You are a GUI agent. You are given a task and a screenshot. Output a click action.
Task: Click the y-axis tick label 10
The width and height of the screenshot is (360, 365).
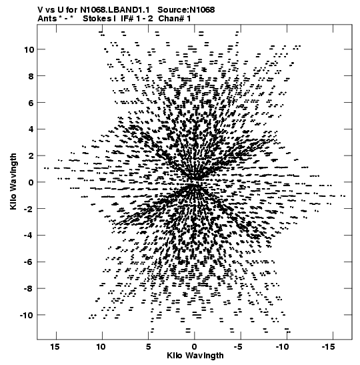(x=29, y=49)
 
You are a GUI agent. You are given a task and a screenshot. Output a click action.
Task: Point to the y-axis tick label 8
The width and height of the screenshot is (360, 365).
(x=31, y=76)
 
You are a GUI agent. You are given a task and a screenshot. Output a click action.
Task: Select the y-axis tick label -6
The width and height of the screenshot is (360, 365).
(x=29, y=262)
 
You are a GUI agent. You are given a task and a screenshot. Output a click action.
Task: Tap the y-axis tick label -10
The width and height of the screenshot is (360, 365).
(x=27, y=315)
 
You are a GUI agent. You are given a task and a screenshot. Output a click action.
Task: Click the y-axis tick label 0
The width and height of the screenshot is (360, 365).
(x=31, y=182)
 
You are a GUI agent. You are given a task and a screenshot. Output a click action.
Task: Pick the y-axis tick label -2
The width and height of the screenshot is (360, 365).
(x=29, y=209)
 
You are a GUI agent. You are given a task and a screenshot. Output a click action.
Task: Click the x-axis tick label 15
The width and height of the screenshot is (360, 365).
(x=55, y=347)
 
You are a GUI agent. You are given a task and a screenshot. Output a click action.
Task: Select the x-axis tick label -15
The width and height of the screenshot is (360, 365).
(x=328, y=347)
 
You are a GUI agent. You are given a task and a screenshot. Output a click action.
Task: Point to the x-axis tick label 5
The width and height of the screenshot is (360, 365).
(x=148, y=347)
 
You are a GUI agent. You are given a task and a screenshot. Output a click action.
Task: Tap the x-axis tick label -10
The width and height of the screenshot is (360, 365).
(x=282, y=347)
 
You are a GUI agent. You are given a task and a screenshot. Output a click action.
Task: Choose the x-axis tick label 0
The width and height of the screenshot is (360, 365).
(x=194, y=347)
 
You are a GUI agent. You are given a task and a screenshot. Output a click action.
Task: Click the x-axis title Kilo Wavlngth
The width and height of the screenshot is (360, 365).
(x=195, y=356)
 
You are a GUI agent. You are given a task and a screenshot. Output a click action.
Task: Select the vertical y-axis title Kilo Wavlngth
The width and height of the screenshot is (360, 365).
(x=13, y=181)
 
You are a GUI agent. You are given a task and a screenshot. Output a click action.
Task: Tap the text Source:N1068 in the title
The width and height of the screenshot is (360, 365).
(x=186, y=10)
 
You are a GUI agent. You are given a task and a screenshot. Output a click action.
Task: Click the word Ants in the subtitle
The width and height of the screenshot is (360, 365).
(x=47, y=19)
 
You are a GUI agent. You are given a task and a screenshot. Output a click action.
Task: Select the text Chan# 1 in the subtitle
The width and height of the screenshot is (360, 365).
(x=175, y=19)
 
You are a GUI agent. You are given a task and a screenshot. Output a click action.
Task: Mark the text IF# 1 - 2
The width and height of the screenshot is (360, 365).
(x=137, y=19)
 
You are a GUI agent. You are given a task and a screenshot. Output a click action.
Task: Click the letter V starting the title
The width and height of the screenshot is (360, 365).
(x=41, y=10)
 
